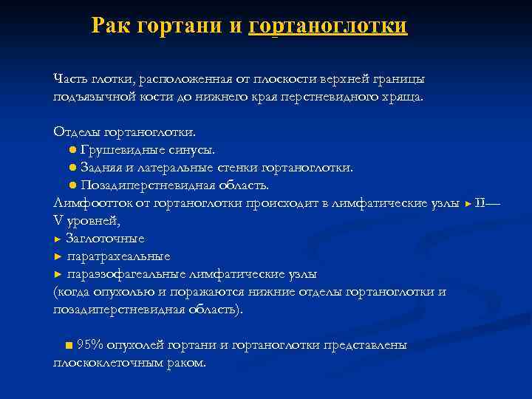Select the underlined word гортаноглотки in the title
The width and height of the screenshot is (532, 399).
coord(328,26)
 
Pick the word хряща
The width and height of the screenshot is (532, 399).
coord(402,98)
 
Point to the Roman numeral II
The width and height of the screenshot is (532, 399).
coord(480,202)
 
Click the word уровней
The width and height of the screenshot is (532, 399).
coord(92,220)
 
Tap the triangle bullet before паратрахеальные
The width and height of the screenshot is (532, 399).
coord(58,256)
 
